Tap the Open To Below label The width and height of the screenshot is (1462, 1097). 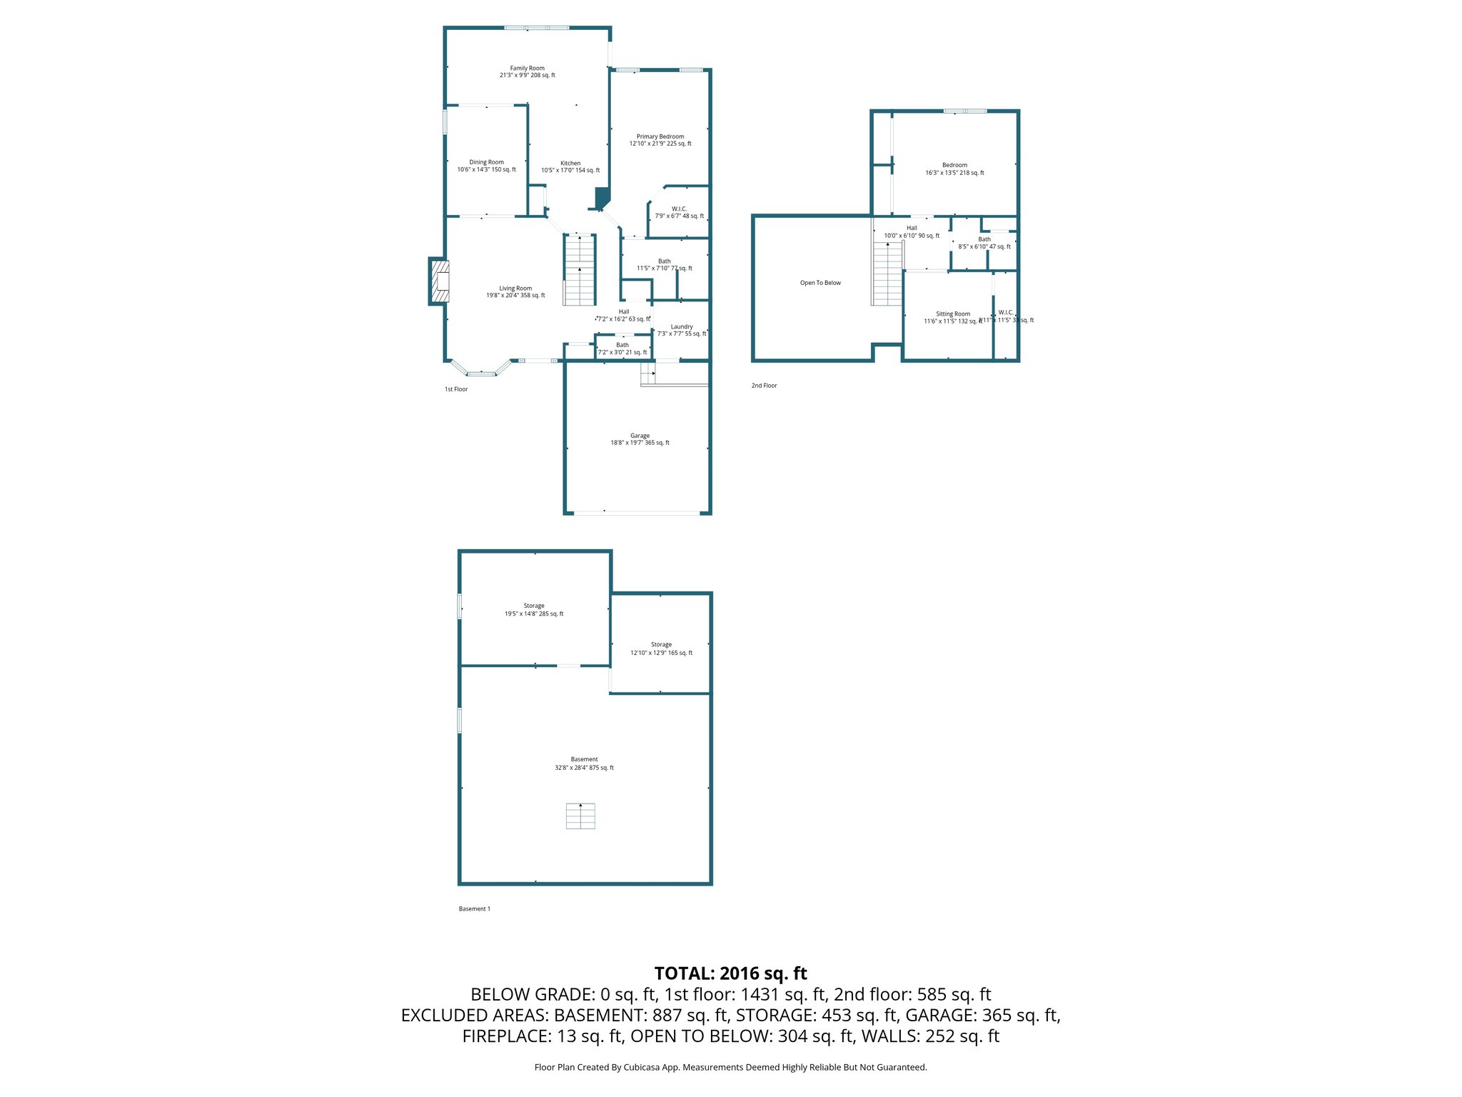click(x=820, y=283)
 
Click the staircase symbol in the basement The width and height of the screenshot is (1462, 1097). click(x=580, y=816)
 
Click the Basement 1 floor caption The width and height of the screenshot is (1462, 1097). click(x=474, y=908)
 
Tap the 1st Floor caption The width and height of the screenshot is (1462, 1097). click(x=455, y=389)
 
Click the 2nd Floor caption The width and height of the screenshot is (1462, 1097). click(x=764, y=386)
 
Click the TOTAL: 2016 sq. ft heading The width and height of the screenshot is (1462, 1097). click(x=730, y=973)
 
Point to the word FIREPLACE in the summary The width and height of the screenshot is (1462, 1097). click(x=505, y=1036)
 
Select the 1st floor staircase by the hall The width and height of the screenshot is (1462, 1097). click(x=580, y=270)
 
